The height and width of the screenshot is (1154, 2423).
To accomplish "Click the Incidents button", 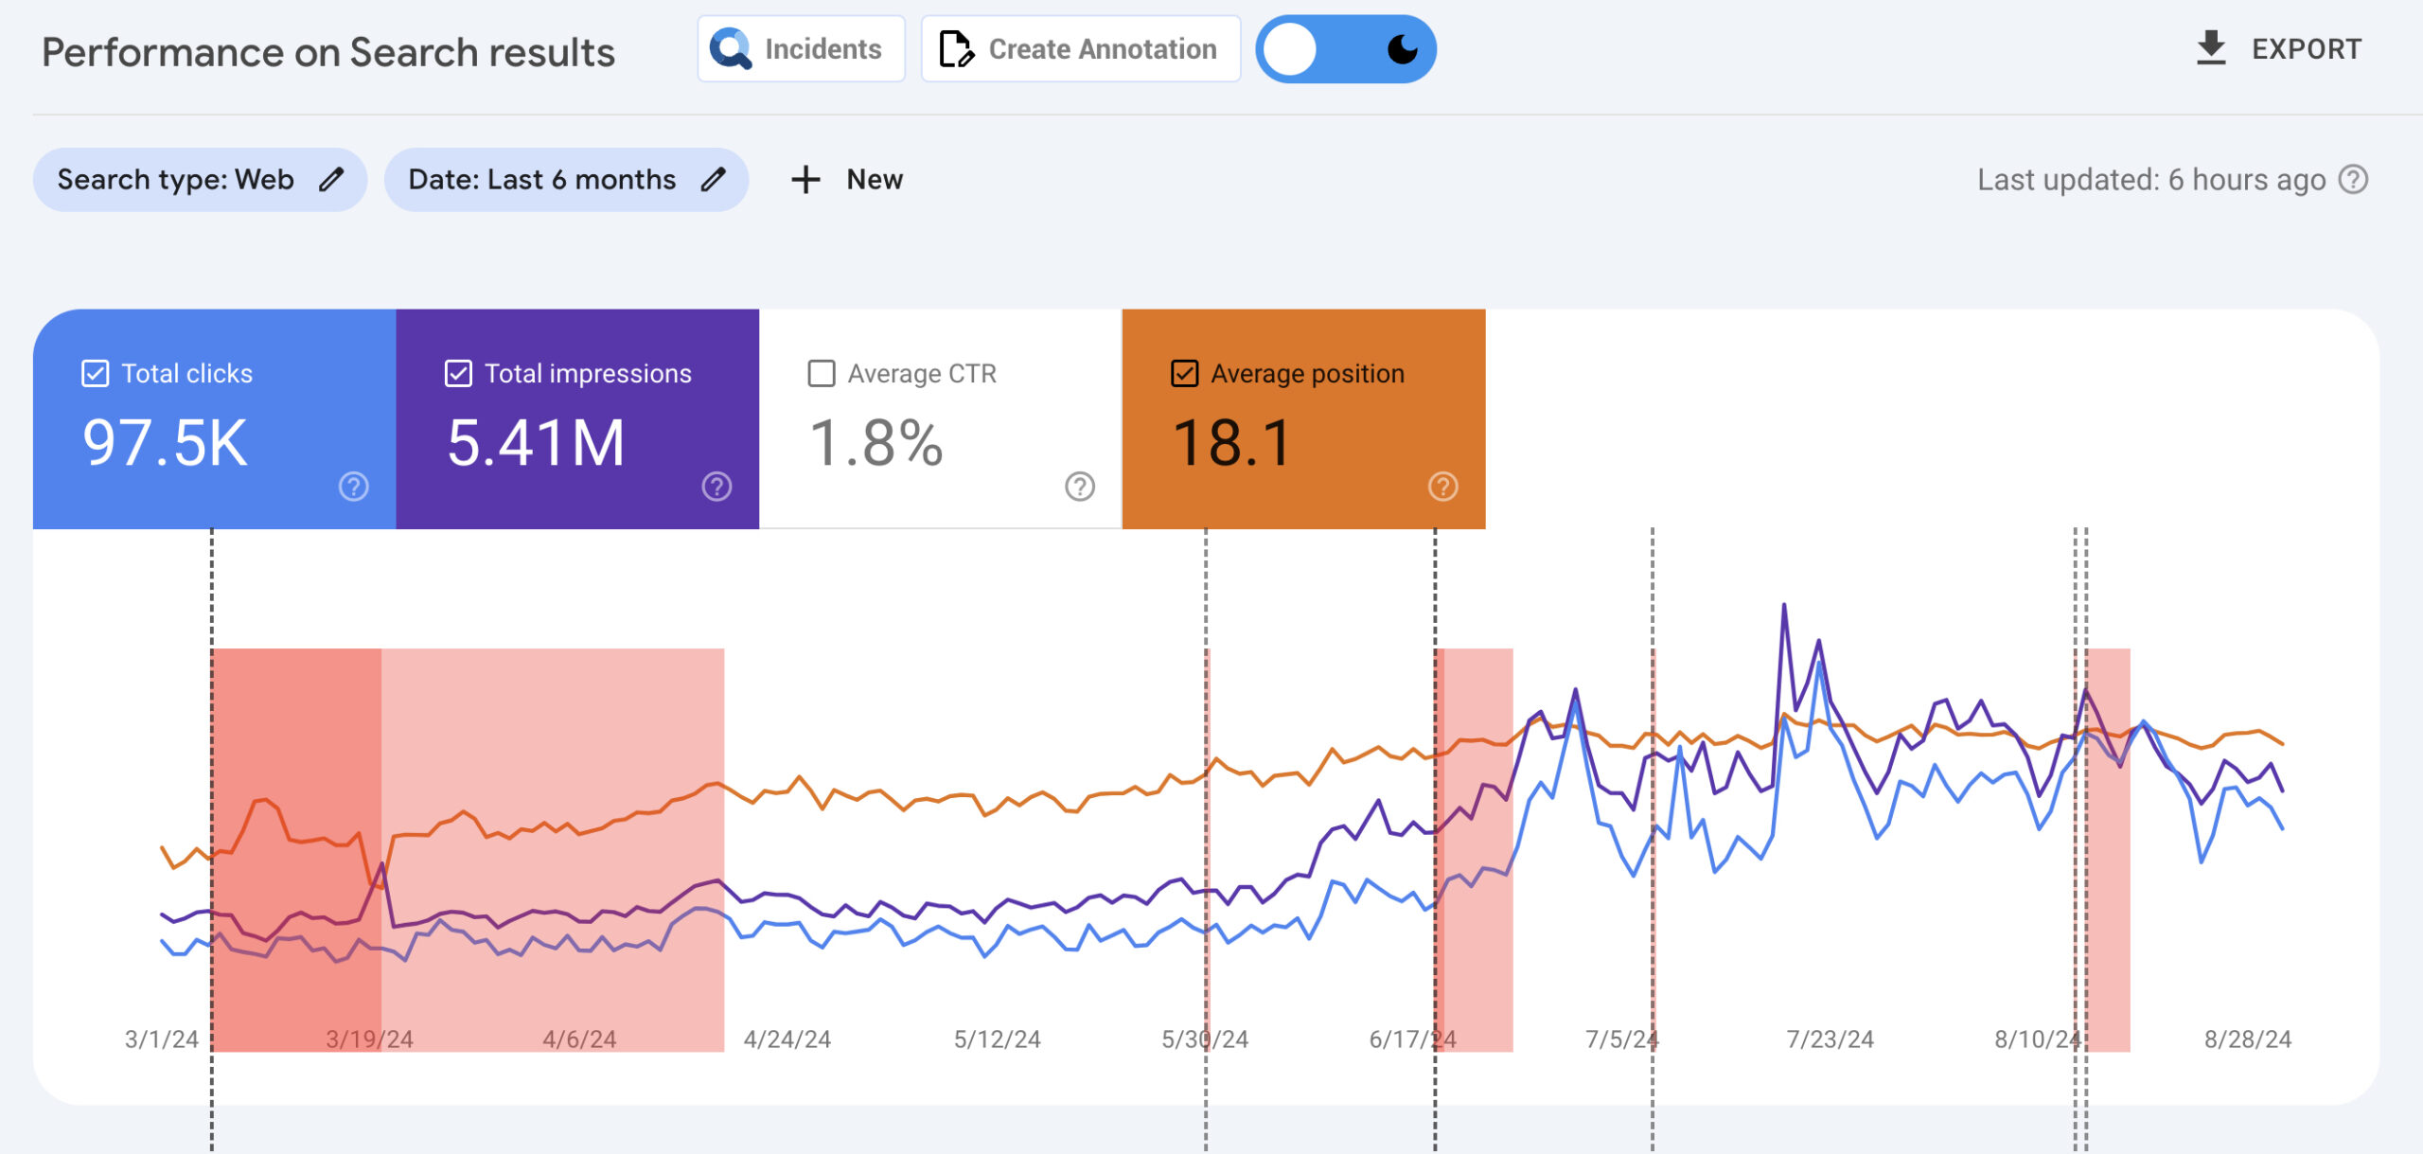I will point(800,49).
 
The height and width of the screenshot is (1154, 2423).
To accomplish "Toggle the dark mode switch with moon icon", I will point(1345,49).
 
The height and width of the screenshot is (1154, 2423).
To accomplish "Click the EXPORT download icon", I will point(2210,48).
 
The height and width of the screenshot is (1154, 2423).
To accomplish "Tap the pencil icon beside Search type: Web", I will point(330,180).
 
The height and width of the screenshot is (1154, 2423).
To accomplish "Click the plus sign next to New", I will point(805,180).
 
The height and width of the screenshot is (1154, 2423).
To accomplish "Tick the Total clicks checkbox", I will point(96,374).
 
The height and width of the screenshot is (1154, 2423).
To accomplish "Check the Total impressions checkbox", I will point(458,374).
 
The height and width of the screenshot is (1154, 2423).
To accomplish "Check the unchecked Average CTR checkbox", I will point(821,374).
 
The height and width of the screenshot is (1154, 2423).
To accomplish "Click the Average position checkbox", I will point(1184,374).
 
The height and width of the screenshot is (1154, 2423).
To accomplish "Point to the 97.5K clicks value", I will point(166,443).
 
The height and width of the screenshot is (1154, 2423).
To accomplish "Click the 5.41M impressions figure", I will point(536,443).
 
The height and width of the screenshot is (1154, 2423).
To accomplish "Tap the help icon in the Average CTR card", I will point(1079,487).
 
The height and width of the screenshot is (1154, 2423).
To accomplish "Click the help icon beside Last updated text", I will point(2353,180).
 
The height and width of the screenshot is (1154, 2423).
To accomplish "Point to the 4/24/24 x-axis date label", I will point(787,1039).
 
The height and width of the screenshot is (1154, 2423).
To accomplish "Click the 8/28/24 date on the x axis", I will point(2247,1039).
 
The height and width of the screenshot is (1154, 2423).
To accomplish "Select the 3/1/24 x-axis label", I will point(162,1039).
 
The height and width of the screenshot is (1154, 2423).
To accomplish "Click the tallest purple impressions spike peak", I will point(1784,605).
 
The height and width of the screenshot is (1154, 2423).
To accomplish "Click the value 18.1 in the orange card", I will point(1231,443).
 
